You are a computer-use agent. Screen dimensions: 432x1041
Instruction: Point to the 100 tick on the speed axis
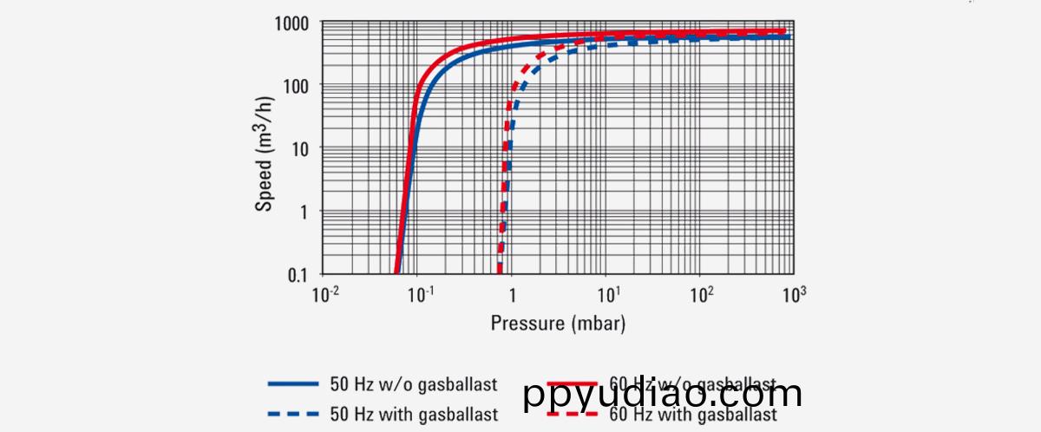coord(299,86)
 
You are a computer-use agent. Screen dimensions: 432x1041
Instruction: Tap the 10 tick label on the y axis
coord(304,148)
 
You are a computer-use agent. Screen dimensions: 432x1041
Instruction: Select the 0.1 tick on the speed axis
coord(301,274)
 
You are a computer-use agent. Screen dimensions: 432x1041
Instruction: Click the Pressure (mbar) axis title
coord(558,324)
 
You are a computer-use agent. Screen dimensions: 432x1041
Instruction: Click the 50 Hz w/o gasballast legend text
coord(402,384)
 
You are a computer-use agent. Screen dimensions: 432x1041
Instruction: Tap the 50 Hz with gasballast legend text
coord(403,414)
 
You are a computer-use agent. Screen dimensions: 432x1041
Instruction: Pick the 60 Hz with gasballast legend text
coord(694,416)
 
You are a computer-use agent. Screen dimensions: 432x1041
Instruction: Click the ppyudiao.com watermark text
coord(664,395)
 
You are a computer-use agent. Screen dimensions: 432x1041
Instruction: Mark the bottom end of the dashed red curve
coord(498,272)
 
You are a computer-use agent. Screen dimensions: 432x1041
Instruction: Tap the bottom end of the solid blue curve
coord(397,272)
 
